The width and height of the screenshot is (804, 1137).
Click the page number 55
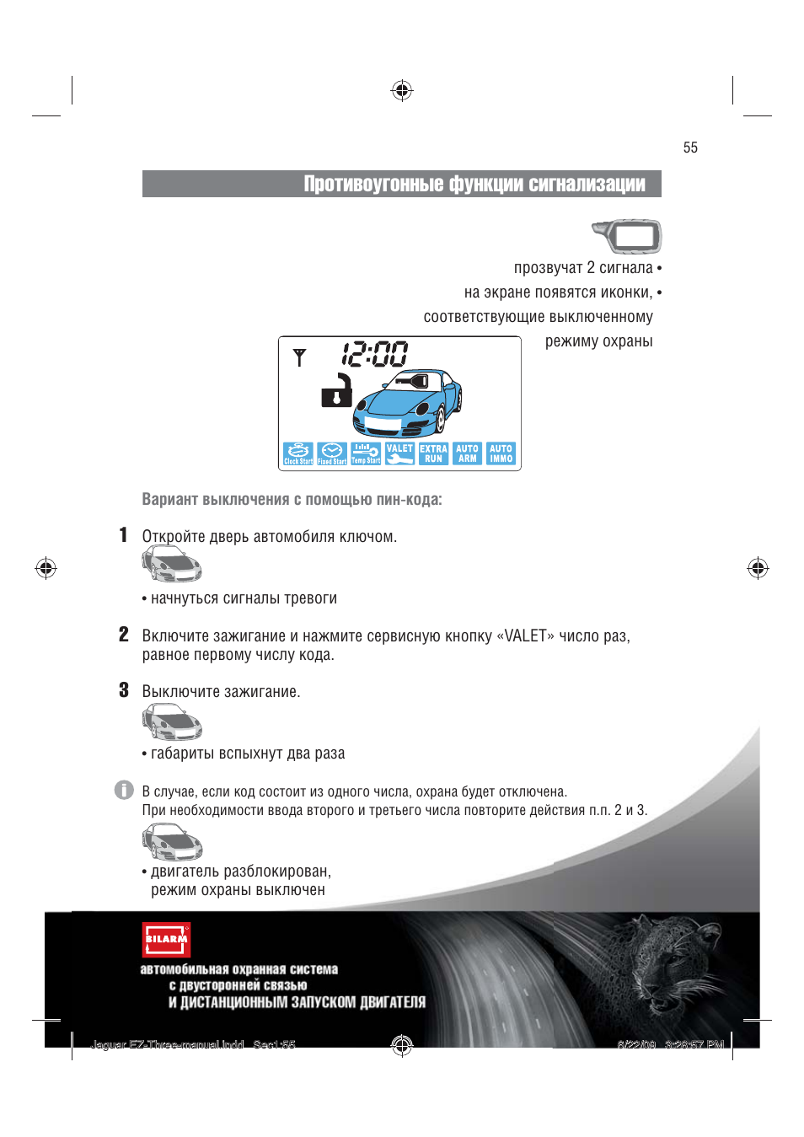coord(690,147)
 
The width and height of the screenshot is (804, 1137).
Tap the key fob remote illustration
coord(628,236)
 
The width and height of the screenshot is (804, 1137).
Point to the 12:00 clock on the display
coord(375,354)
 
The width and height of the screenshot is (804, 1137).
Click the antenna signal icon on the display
coord(299,357)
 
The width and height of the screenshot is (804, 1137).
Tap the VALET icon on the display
coord(399,454)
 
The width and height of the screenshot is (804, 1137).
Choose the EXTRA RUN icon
coord(433,454)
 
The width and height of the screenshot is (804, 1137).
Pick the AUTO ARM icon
coord(467,454)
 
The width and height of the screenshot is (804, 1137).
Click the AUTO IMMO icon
coord(501,454)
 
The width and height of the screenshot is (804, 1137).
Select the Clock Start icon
coord(298,454)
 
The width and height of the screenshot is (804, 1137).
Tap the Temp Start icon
coord(366,454)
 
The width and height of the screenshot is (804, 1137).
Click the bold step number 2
coord(124,635)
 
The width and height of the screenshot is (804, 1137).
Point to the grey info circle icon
coord(124,790)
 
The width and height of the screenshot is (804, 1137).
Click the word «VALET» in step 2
coord(526,636)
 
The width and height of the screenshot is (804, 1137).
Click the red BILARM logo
coord(166,939)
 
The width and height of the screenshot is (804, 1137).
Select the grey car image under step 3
coord(172,722)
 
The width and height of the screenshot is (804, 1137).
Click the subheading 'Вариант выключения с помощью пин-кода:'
coord(292,500)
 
